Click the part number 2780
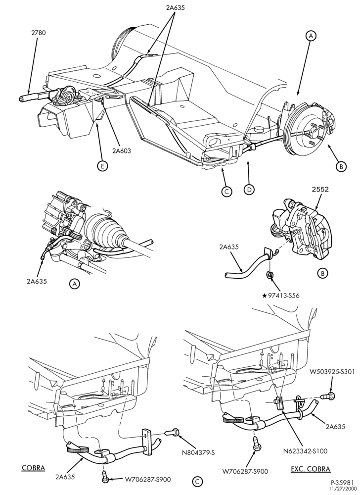click(39, 33)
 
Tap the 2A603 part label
click(121, 151)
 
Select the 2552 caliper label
click(320, 190)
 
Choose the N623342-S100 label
click(305, 451)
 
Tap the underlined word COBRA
click(33, 468)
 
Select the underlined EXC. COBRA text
click(311, 469)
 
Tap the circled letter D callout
click(249, 190)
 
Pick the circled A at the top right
click(311, 36)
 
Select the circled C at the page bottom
click(197, 482)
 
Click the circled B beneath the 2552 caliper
click(323, 273)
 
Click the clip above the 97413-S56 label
click(270, 275)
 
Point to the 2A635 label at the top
click(175, 7)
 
